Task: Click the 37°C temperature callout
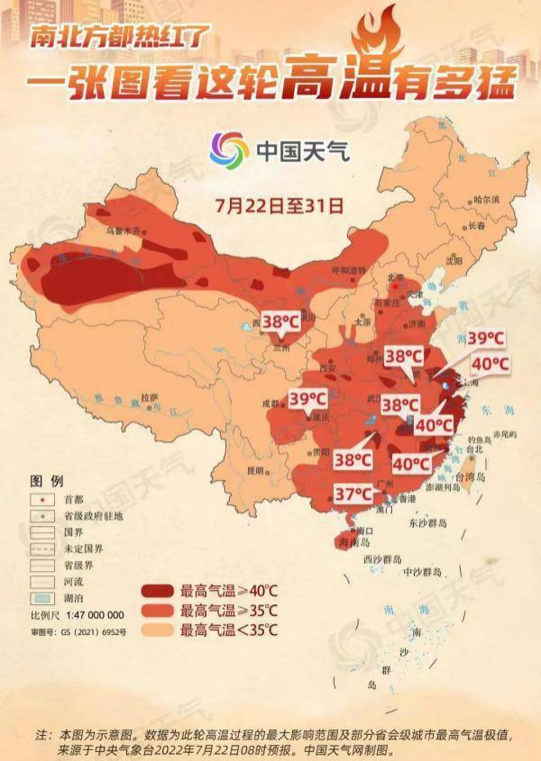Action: (x=353, y=494)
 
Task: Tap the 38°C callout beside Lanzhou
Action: (x=281, y=320)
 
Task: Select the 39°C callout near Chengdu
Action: (x=307, y=398)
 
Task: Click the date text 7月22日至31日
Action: (x=280, y=204)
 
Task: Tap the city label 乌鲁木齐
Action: (x=125, y=231)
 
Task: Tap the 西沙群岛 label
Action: (x=380, y=559)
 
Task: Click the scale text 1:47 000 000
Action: (x=89, y=614)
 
